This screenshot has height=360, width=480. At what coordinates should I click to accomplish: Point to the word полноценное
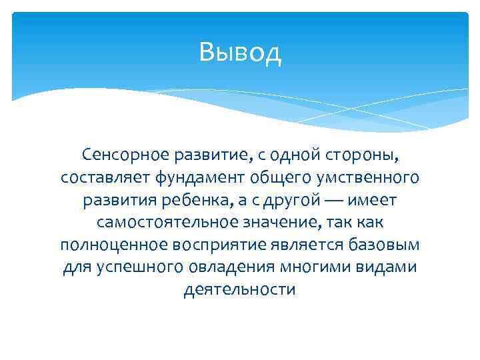tap(113, 245)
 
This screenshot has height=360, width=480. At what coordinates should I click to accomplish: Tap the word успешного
tap(138, 267)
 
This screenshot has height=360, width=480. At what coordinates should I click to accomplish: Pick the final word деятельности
tap(239, 289)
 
